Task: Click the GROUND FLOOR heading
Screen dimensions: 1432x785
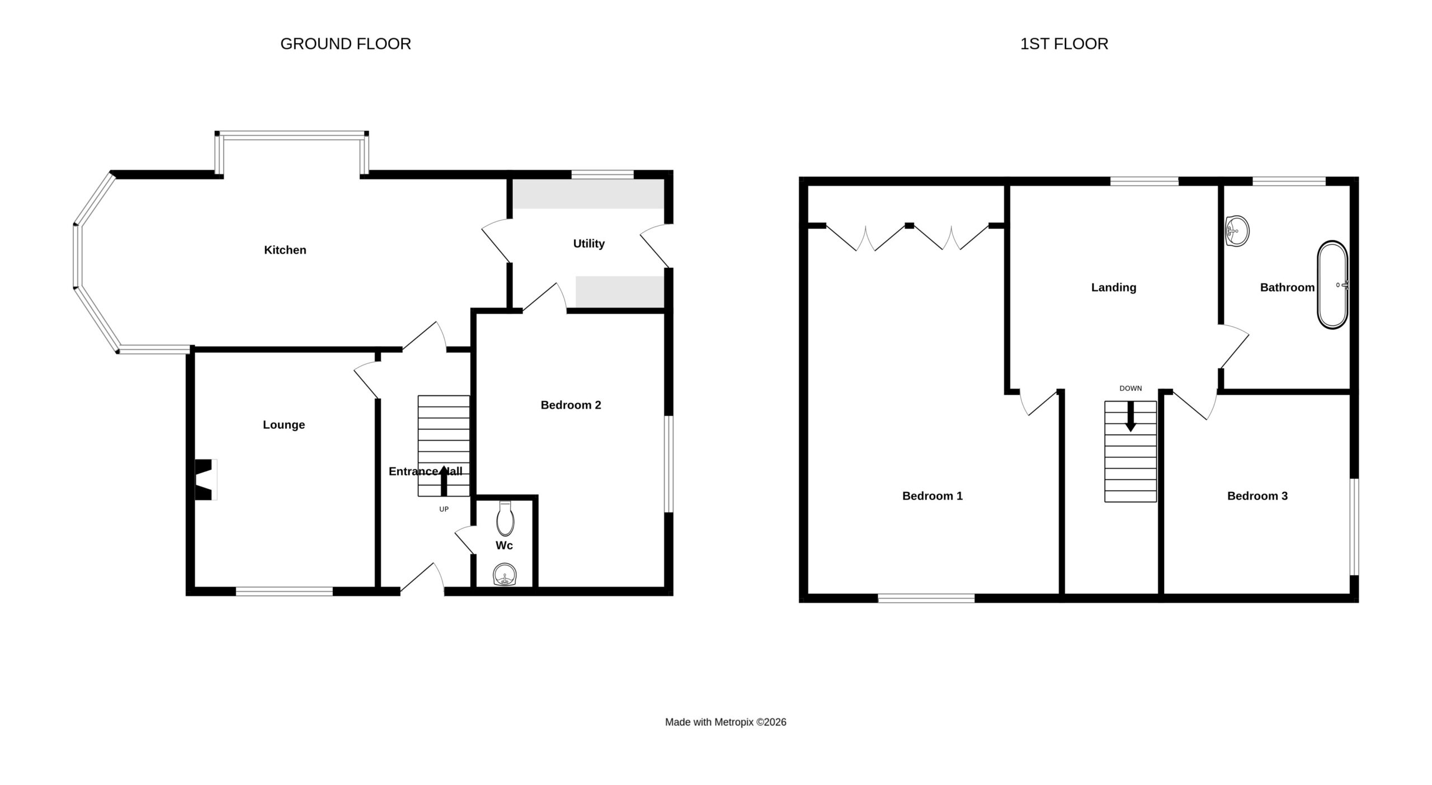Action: click(346, 44)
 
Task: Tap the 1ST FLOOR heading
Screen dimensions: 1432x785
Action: click(1064, 44)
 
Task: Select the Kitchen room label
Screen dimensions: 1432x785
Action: click(285, 250)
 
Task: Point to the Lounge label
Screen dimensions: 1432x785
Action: click(284, 425)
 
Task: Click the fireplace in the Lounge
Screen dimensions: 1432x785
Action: click(205, 480)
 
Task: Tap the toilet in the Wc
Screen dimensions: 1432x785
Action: click(505, 519)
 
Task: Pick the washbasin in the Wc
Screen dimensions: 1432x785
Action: click(505, 575)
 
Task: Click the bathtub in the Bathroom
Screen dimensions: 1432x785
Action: click(1333, 285)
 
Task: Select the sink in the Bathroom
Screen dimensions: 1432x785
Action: click(1237, 231)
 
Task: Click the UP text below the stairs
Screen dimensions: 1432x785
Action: click(444, 509)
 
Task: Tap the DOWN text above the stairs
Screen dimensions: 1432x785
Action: click(1130, 389)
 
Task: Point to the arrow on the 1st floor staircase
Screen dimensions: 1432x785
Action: click(1130, 417)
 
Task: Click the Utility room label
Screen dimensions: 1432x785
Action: click(589, 244)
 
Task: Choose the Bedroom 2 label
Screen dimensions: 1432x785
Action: click(571, 405)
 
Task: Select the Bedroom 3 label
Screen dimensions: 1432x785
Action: click(1257, 496)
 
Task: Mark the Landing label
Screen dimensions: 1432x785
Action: click(1114, 287)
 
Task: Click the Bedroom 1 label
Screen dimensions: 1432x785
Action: click(932, 496)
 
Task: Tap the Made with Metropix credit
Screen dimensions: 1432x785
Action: click(726, 722)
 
